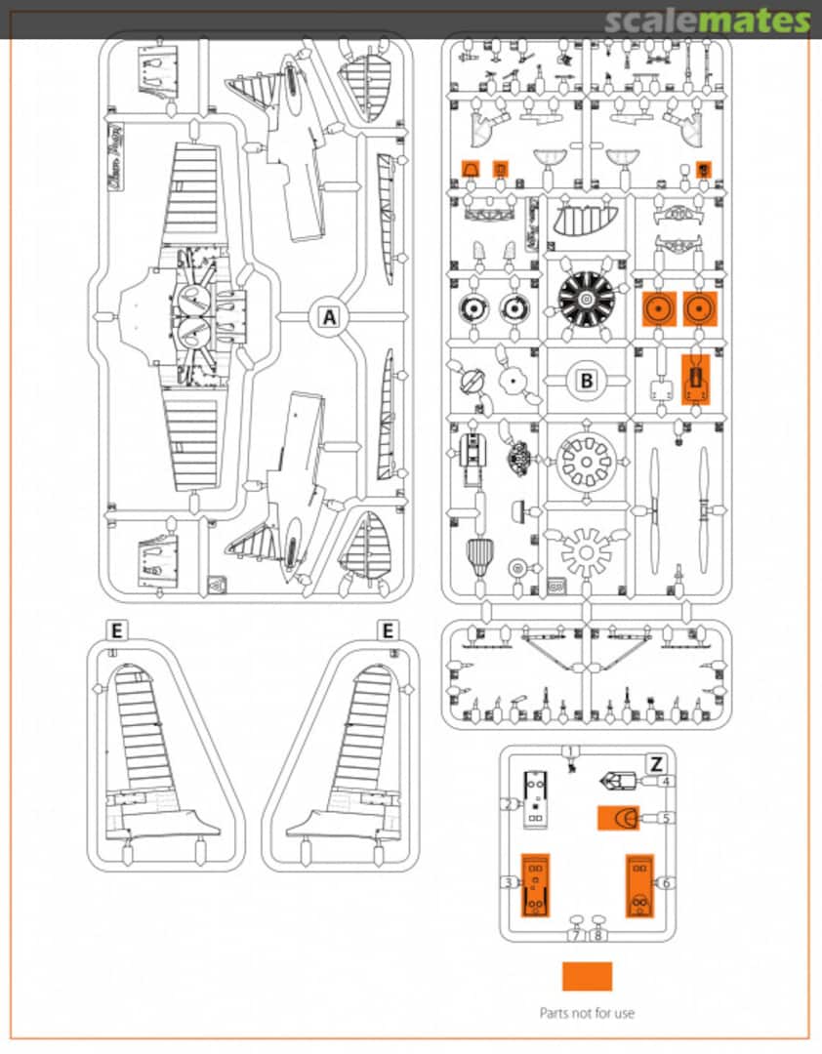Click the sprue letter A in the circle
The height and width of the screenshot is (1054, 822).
(x=329, y=317)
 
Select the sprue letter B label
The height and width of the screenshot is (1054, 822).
(x=587, y=381)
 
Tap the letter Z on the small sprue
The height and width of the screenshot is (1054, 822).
(x=657, y=763)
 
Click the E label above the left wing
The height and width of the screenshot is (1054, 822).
(x=116, y=630)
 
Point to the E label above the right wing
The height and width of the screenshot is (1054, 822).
(x=389, y=630)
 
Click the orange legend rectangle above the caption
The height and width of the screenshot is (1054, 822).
(x=587, y=976)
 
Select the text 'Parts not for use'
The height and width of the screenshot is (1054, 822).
(x=587, y=1013)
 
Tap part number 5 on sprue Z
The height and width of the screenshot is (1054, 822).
(x=666, y=818)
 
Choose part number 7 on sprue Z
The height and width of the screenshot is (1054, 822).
(x=577, y=935)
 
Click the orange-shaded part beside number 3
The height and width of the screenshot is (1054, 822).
(x=535, y=885)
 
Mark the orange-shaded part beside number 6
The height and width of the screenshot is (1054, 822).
(x=639, y=885)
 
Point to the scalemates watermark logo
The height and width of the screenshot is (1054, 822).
(x=707, y=21)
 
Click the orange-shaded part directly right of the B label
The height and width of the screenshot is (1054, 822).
(x=694, y=379)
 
